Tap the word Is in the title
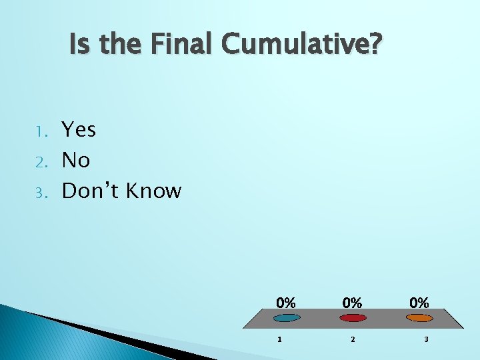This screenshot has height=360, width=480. click(x=78, y=45)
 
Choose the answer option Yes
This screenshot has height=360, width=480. click(x=79, y=129)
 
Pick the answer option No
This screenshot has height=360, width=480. click(x=76, y=160)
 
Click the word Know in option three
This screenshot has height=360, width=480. click(x=153, y=191)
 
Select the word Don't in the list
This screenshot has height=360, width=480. click(x=90, y=191)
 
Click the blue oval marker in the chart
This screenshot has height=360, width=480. click(x=286, y=318)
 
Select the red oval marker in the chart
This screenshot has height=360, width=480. click(x=353, y=318)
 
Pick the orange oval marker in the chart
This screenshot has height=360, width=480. click(x=419, y=318)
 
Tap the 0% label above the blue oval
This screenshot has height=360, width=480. click(x=286, y=302)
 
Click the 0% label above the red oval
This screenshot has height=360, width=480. click(x=353, y=302)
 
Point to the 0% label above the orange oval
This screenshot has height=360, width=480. click(x=419, y=302)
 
